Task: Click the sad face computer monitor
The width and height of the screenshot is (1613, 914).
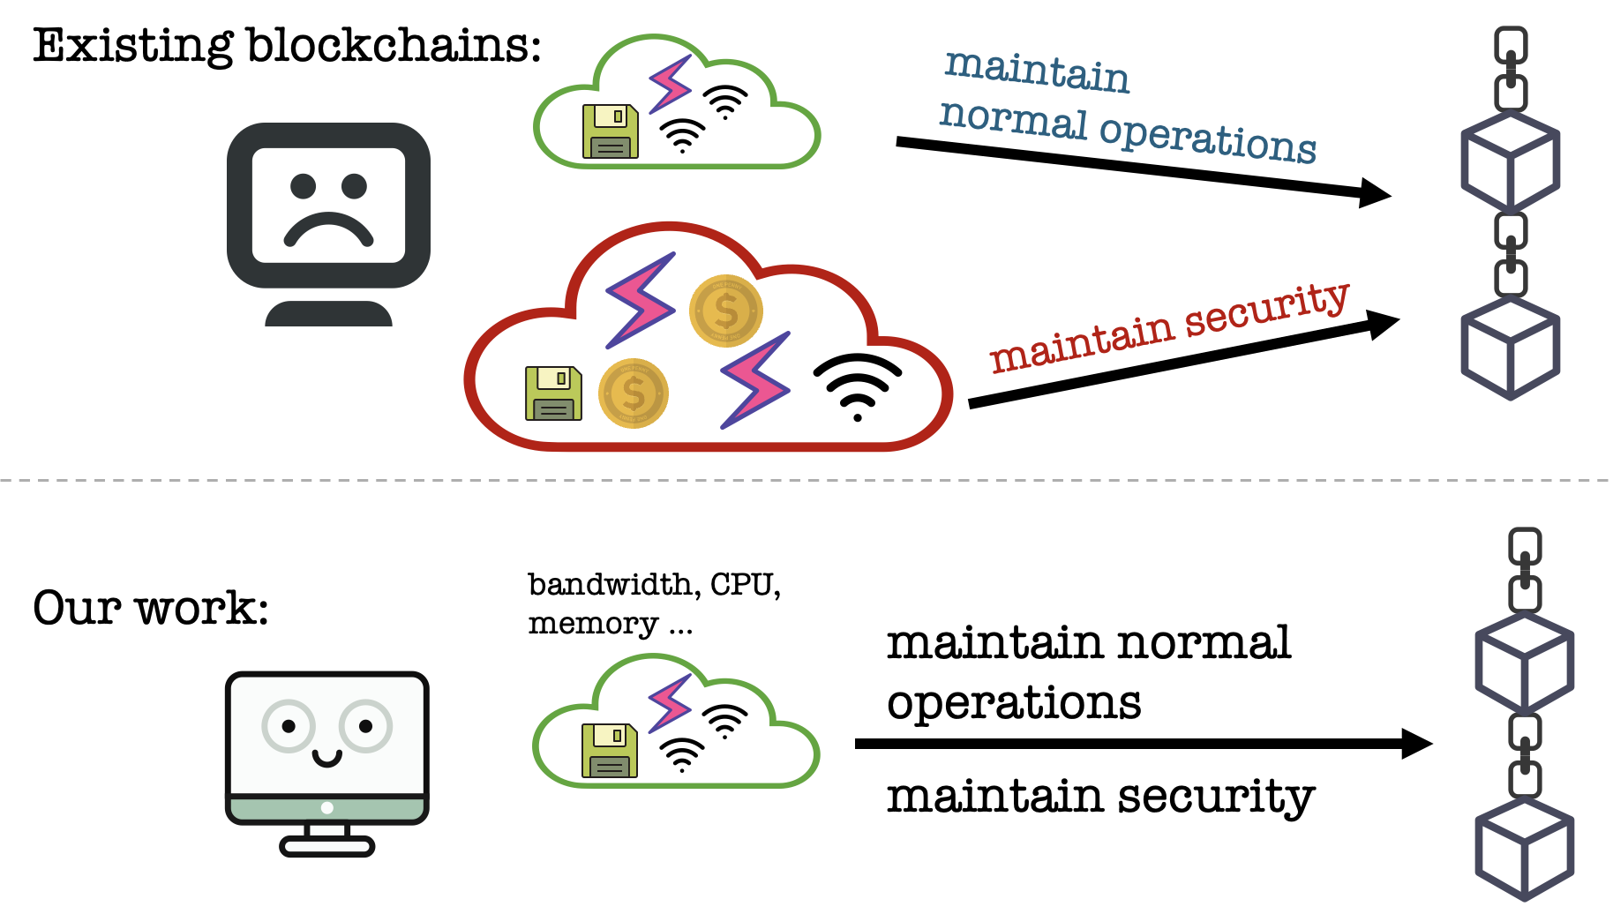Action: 328,207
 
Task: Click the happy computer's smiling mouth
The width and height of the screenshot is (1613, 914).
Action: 326,757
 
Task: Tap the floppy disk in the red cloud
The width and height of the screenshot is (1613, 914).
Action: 553,393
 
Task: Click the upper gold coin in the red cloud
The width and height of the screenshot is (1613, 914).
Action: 725,311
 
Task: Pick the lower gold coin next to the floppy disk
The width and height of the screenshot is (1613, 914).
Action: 633,393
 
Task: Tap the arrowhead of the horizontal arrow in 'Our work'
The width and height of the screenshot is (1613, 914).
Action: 1415,744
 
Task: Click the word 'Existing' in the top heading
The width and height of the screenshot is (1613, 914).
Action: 133,46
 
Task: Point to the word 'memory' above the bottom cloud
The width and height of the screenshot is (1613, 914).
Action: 593,624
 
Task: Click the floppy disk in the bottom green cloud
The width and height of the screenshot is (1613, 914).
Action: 610,751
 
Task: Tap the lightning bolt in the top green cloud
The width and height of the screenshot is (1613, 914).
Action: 671,85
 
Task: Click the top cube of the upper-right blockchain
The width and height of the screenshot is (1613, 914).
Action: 1510,161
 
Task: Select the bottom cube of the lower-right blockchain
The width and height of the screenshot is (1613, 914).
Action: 1525,849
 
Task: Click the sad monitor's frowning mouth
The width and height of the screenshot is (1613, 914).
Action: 328,229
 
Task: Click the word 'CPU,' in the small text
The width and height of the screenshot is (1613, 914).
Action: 746,585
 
